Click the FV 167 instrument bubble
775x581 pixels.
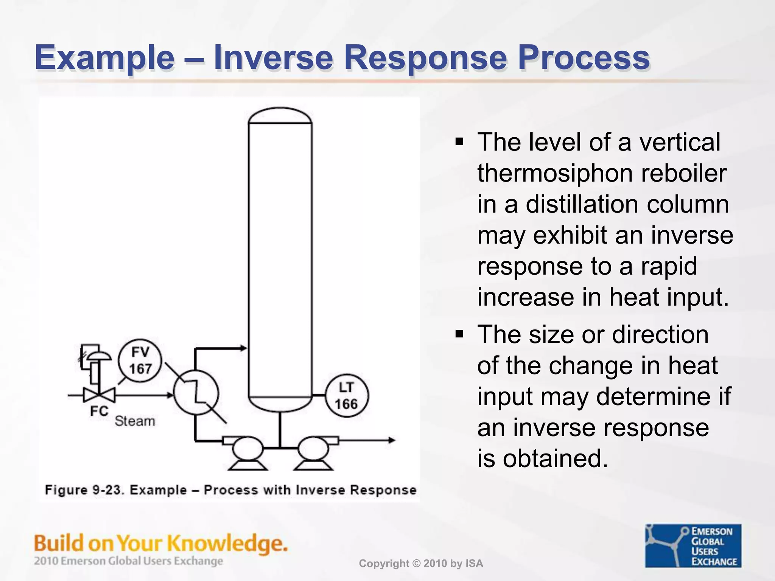tap(140, 361)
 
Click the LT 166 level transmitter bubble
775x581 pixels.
tap(346, 396)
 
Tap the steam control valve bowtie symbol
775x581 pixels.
tap(99, 395)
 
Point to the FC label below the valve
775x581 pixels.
tap(99, 411)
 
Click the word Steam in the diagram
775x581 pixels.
tap(135, 421)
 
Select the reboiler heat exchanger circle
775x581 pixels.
tap(196, 393)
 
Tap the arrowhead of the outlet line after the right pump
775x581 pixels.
tap(392, 440)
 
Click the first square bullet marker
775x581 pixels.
tap(459, 142)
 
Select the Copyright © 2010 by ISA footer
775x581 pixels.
tap(421, 564)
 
